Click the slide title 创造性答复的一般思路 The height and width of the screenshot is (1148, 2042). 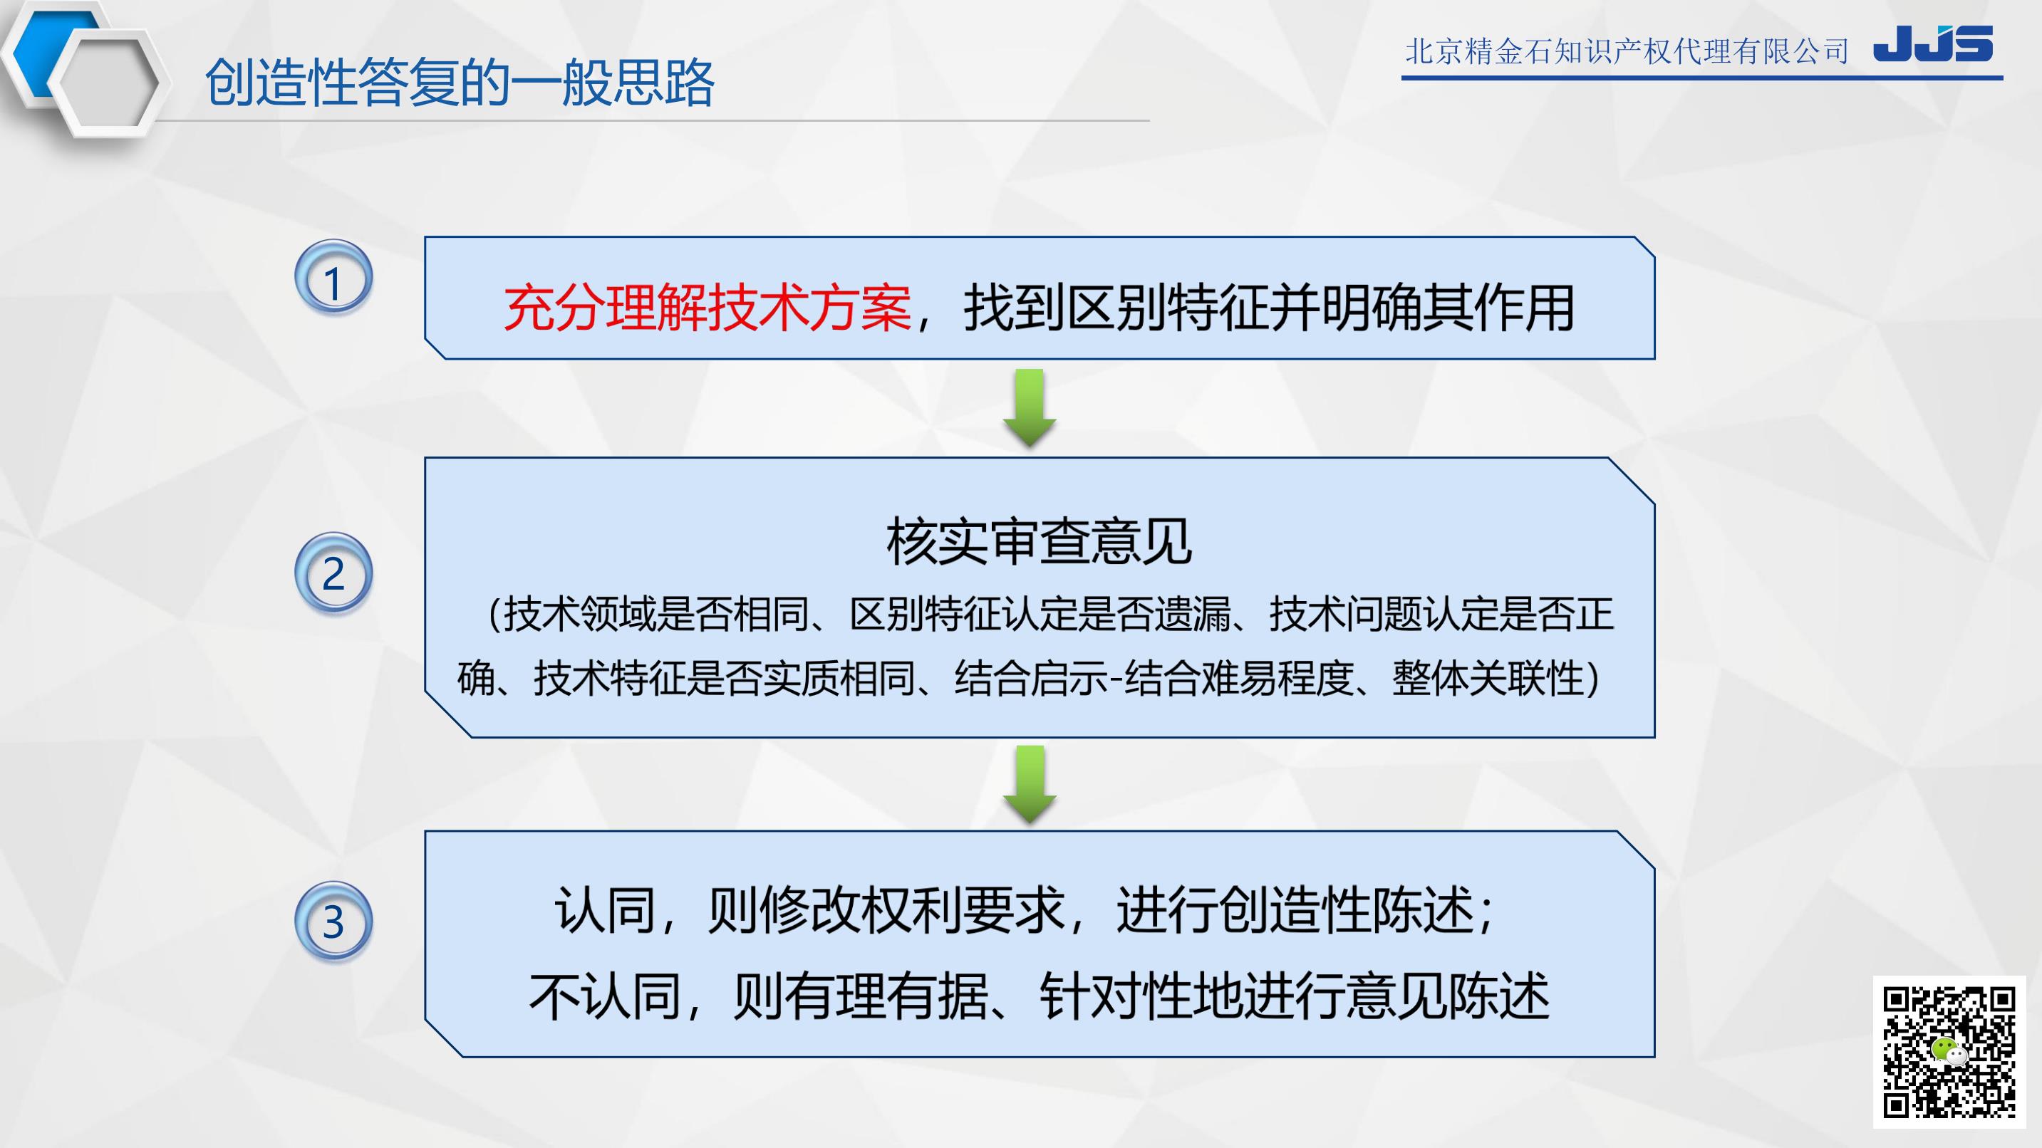click(460, 83)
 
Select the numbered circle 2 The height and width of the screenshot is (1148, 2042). click(333, 573)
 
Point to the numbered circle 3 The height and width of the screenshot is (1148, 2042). click(333, 921)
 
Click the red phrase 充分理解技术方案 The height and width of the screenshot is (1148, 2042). click(707, 308)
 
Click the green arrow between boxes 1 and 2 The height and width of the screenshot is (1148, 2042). click(1030, 407)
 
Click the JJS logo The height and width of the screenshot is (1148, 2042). click(1932, 43)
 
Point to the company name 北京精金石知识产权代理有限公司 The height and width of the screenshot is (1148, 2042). click(1627, 52)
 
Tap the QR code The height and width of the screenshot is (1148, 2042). click(1949, 1052)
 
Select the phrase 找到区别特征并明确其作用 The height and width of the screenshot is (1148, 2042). click(1268, 308)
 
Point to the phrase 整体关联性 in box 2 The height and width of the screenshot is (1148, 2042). click(1488, 678)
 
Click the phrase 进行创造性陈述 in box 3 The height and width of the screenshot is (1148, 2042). click(1295, 909)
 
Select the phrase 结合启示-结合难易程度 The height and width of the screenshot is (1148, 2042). click(1154, 678)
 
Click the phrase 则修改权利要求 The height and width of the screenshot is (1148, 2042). click(886, 909)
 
